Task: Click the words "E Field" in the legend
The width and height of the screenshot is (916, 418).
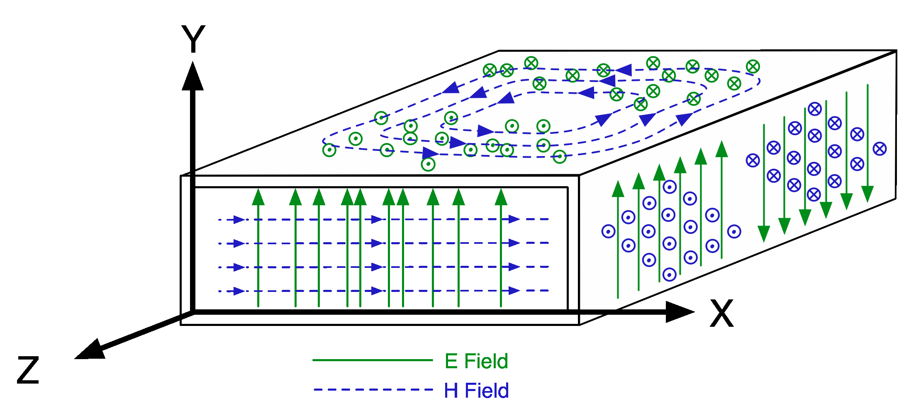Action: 476,361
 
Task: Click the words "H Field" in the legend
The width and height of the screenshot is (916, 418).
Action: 476,391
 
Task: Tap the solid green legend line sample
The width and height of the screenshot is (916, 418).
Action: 372,360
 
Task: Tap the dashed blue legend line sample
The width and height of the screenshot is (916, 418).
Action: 373,389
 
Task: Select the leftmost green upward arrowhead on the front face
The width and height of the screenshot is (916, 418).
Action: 258,197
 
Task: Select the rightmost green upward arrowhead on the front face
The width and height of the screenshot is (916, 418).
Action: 501,197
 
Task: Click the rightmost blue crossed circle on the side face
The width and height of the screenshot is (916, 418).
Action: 879,149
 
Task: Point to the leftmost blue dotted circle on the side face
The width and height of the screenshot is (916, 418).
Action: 608,231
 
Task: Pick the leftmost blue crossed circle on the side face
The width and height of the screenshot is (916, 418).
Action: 753,160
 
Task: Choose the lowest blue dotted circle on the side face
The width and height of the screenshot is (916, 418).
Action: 669,275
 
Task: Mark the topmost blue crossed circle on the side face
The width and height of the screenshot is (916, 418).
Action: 815,109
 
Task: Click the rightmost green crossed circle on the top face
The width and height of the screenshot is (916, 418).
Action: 753,67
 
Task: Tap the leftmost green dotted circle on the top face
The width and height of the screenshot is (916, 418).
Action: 329,150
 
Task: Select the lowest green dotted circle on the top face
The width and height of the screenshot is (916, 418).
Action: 428,164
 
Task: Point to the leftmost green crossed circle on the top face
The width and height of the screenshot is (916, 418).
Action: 490,70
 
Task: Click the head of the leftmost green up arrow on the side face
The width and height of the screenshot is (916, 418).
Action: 618,189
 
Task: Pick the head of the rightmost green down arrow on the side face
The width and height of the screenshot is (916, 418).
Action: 867,194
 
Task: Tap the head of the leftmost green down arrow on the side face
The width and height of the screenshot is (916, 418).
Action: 764,233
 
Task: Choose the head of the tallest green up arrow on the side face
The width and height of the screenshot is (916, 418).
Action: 722,149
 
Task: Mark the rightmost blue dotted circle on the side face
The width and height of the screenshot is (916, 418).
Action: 734,231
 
